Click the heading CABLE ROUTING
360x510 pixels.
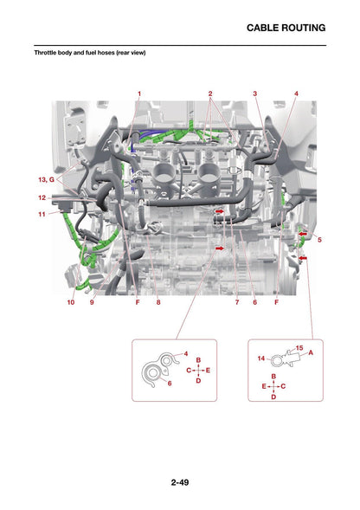click(x=286, y=28)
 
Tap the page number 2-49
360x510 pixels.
click(x=180, y=482)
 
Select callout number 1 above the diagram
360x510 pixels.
click(x=139, y=94)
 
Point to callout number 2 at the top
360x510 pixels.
click(x=210, y=94)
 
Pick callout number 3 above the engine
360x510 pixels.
click(x=255, y=94)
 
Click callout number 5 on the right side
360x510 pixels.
click(x=319, y=240)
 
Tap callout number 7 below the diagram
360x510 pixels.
click(x=237, y=302)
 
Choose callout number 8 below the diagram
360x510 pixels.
click(x=158, y=302)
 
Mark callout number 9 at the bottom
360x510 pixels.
click(x=92, y=302)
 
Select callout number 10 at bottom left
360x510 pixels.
click(x=71, y=302)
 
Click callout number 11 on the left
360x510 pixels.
click(x=42, y=214)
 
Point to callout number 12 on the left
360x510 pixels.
click(x=42, y=197)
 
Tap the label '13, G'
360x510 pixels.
click(x=47, y=179)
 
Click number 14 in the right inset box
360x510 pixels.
click(x=261, y=358)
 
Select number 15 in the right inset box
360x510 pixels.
click(x=299, y=348)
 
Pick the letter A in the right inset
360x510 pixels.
click(x=311, y=352)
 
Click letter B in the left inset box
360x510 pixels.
click(x=198, y=360)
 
